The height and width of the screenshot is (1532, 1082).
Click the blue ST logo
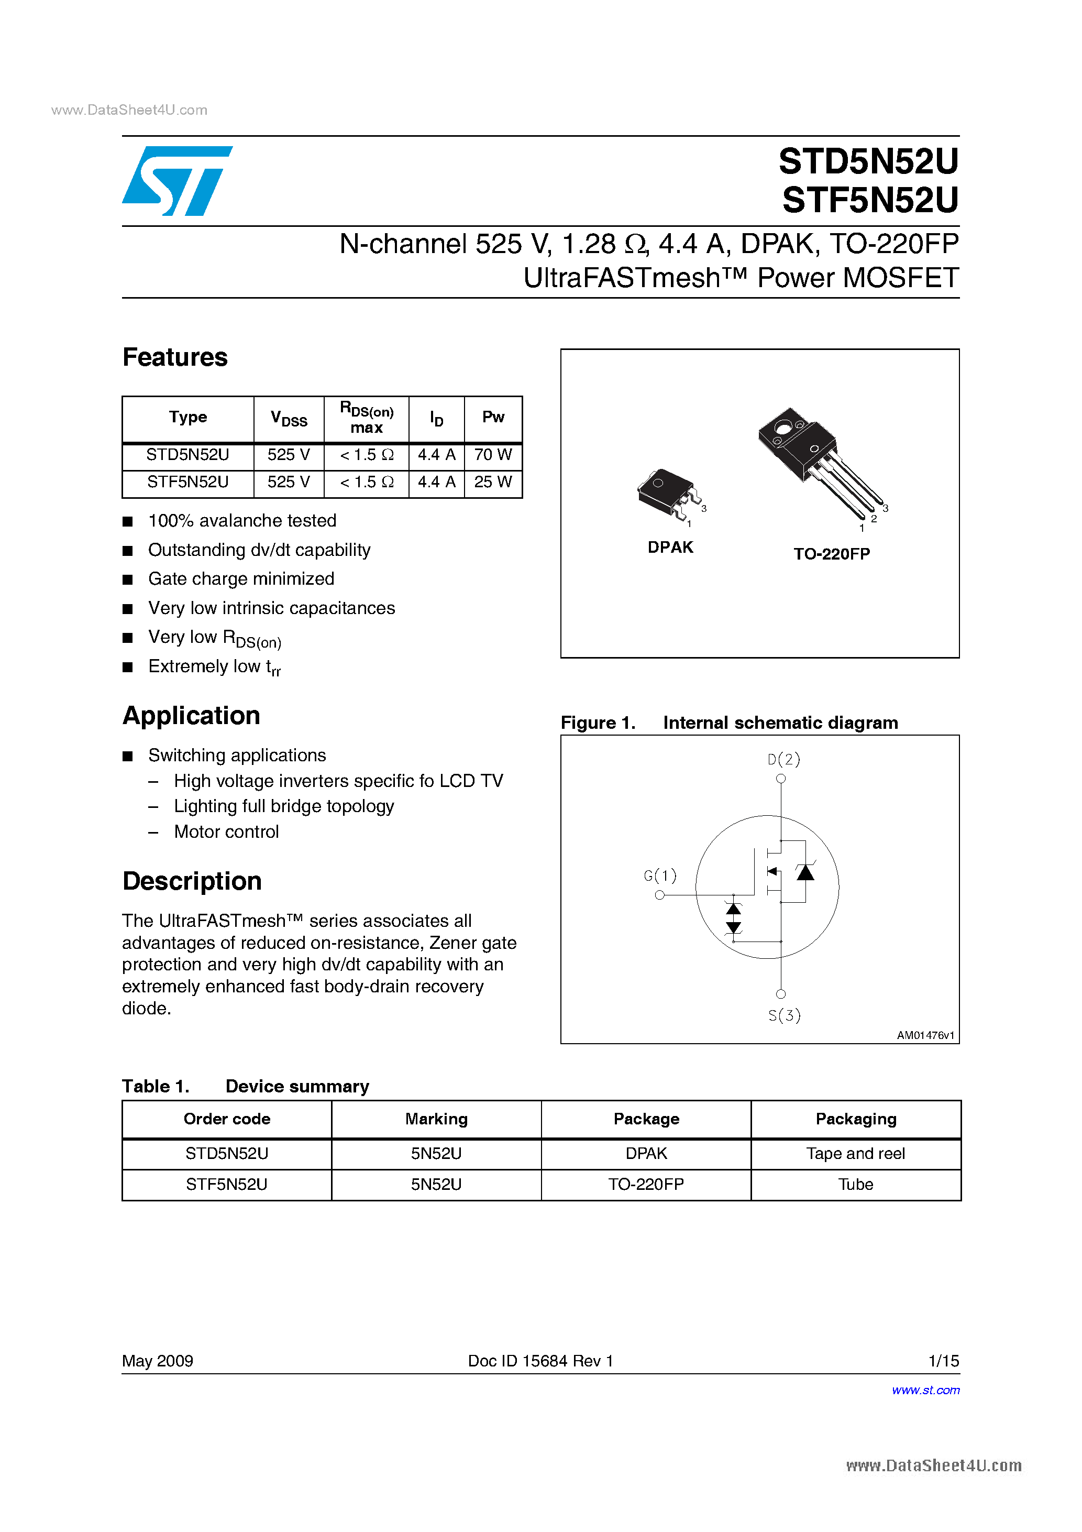pos(177,181)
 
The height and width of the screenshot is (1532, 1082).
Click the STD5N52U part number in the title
pos(868,161)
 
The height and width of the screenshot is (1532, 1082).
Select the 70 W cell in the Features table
pos(492,455)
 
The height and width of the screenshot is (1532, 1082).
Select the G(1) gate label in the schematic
pos(660,875)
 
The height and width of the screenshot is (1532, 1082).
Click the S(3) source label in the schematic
pos(784,1015)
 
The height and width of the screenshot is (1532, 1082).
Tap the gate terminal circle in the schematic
pos(660,895)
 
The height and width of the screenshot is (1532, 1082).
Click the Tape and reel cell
pos(855,1154)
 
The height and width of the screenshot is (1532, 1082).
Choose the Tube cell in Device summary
pos(855,1184)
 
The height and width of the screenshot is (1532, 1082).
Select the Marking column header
pos(436,1119)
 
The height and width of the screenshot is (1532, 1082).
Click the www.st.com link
pos(925,1390)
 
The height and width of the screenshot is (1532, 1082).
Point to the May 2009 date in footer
pos(158,1361)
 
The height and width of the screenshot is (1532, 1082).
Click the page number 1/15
pos(943,1361)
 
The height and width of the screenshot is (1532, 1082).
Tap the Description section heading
pos(192,881)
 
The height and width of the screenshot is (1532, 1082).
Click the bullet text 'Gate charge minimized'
pos(241,578)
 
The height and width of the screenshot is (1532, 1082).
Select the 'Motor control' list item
pos(226,831)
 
